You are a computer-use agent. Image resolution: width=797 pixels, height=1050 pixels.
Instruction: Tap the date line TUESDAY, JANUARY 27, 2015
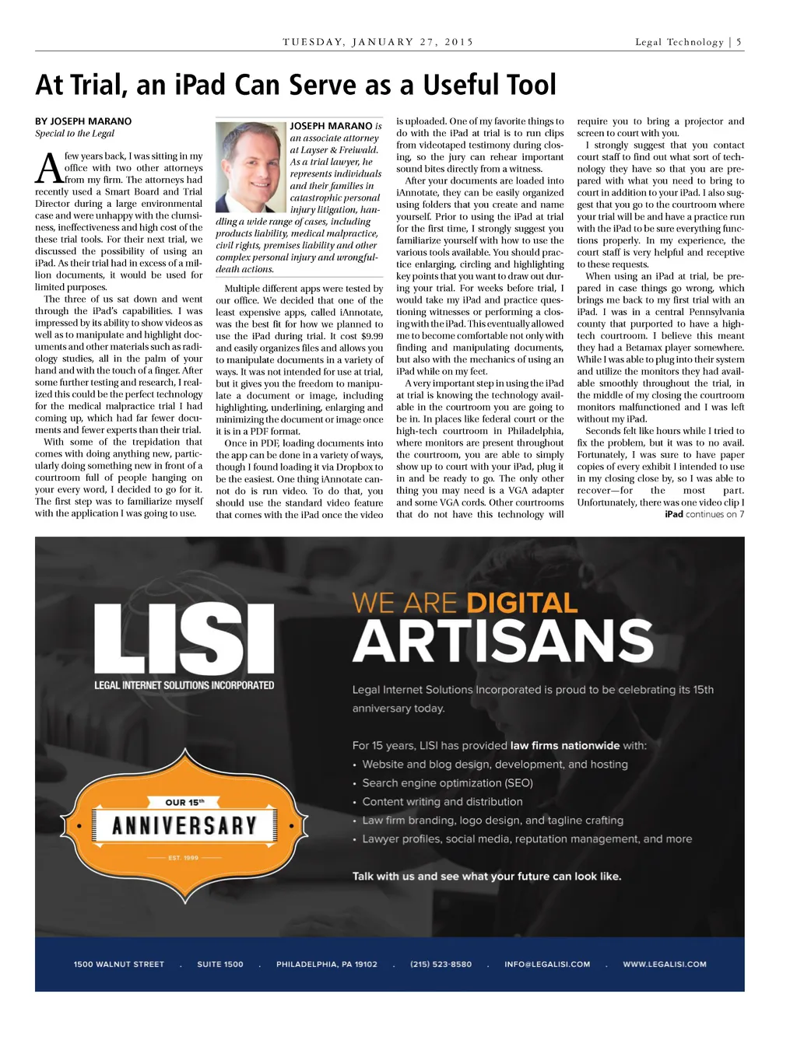[x=377, y=42]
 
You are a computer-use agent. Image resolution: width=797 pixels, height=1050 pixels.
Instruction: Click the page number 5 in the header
[x=739, y=42]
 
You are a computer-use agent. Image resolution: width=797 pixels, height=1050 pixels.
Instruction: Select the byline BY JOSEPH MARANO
[x=83, y=121]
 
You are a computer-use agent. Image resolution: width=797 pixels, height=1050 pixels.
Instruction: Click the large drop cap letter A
[x=48, y=168]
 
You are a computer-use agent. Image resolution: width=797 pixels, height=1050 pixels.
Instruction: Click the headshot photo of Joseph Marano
[x=251, y=166]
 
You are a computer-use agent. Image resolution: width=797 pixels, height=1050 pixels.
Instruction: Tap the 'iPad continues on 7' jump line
[x=704, y=514]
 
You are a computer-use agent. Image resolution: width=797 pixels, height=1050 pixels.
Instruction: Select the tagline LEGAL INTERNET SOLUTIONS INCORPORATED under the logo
[x=184, y=685]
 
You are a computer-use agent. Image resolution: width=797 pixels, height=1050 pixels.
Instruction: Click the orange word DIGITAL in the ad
[x=521, y=603]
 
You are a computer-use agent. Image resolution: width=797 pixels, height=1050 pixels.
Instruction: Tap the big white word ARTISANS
[x=503, y=642]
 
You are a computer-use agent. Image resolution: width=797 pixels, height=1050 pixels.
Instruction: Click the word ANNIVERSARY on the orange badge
[x=184, y=825]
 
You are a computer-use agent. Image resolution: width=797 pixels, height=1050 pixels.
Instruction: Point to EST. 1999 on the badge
[x=184, y=858]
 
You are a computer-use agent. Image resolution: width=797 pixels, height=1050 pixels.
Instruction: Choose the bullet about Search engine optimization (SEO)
[x=447, y=783]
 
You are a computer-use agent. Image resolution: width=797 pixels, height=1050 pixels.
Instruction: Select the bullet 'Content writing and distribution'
[x=442, y=802]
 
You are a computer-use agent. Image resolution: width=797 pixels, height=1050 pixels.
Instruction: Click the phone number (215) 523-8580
[x=441, y=964]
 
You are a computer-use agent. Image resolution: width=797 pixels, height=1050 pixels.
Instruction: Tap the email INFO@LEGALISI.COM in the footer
[x=547, y=964]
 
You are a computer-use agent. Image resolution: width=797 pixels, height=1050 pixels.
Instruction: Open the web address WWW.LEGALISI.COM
[x=665, y=964]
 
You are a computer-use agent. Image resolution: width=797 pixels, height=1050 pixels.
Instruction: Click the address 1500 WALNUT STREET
[x=119, y=964]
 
